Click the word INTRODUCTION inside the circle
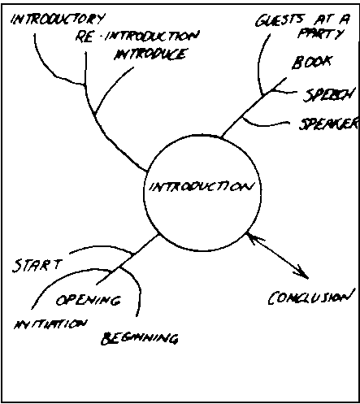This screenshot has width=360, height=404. click(202, 187)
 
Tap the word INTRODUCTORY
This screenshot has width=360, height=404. click(58, 20)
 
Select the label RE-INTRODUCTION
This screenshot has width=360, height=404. click(137, 37)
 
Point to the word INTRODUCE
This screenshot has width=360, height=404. click(150, 54)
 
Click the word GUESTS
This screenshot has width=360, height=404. click(280, 20)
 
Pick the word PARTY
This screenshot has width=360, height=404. click(321, 34)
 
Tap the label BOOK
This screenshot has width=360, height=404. click(312, 62)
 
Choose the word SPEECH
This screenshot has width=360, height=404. click(329, 95)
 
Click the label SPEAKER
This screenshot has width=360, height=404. click(329, 124)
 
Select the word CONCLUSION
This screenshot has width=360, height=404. click(311, 297)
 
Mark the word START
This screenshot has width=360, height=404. click(37, 265)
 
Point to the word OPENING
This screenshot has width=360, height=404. click(89, 300)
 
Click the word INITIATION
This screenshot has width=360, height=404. click(50, 324)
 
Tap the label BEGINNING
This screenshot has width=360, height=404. click(140, 338)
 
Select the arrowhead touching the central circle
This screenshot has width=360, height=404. click(254, 238)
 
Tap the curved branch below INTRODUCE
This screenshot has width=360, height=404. click(111, 87)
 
